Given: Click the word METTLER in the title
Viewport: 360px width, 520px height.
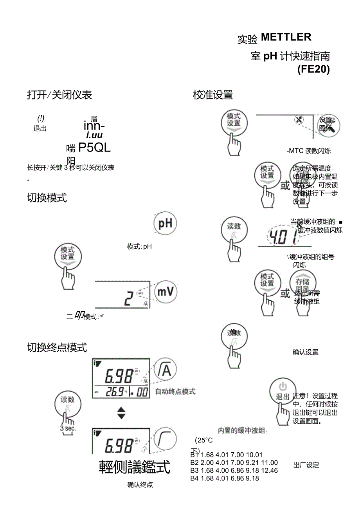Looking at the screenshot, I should [x=286, y=37].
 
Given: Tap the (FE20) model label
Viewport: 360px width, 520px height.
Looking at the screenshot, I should [x=313, y=69].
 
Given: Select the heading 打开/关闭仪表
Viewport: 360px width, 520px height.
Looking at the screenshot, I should [x=59, y=95].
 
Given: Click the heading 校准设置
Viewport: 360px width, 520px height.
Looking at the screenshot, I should [x=213, y=95].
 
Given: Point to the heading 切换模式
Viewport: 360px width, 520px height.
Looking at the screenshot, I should [x=47, y=198].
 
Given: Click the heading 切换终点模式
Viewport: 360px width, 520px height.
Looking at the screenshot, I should [x=57, y=347].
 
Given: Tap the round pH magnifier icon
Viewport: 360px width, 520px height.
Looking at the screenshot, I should [x=165, y=224].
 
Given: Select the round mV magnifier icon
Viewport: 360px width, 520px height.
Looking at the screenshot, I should [x=166, y=292].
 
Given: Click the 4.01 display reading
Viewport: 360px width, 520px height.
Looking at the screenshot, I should [x=281, y=237].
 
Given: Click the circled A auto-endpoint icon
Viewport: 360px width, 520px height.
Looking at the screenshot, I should [x=165, y=370].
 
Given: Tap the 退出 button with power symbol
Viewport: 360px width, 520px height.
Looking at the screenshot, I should [x=282, y=392].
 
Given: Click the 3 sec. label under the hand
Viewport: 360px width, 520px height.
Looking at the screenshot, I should [x=68, y=428].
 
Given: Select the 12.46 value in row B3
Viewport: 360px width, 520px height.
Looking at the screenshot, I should [x=269, y=470].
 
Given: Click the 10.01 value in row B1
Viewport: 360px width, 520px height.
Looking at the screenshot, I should [x=254, y=455].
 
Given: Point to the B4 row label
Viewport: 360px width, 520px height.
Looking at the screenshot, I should [x=194, y=478].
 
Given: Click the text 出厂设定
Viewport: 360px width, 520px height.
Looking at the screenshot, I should [x=306, y=465].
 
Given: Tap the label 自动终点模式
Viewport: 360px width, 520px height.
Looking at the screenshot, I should [x=175, y=392].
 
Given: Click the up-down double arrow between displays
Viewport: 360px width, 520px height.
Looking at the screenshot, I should [x=121, y=413].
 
